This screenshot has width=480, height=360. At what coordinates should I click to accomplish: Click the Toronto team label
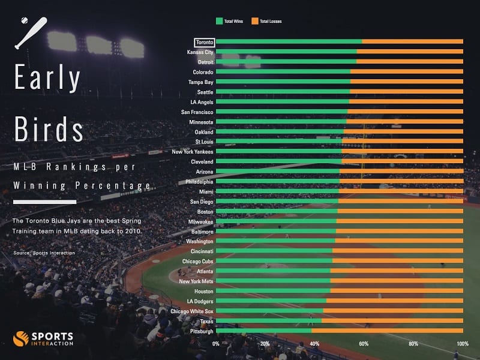pyautogui.click(x=203, y=42)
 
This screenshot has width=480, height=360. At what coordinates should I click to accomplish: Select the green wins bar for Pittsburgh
pyautogui.click(x=263, y=331)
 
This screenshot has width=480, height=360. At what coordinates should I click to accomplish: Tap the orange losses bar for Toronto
pyautogui.click(x=412, y=41)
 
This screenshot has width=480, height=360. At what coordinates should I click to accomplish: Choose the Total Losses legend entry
pyautogui.click(x=267, y=21)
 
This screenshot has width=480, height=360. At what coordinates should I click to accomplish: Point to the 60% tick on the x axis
pyautogui.click(x=364, y=344)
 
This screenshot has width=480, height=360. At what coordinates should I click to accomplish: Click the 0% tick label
pyautogui.click(x=217, y=344)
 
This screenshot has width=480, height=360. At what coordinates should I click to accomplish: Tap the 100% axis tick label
pyautogui.click(x=462, y=344)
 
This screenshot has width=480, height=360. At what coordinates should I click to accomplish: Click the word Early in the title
pyautogui.click(x=48, y=78)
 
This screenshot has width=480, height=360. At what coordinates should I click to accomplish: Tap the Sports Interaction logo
pyautogui.click(x=43, y=339)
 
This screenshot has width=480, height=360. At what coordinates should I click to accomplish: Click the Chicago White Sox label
pyautogui.click(x=191, y=311)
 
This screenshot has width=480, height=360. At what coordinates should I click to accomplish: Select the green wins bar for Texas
pyautogui.click(x=268, y=321)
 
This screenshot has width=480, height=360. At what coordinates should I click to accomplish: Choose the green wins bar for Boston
pyautogui.click(x=277, y=211)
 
